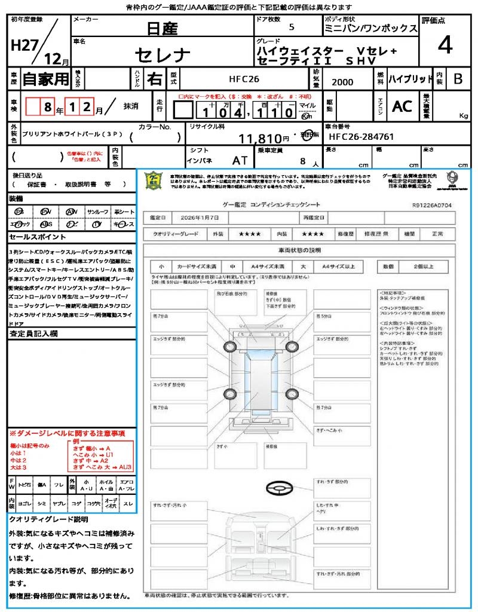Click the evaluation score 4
pos(445,45)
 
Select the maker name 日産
pos(163,27)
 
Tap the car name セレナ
pos(163,56)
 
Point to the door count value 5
pos(291,27)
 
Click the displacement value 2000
pos(342,82)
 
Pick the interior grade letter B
pos(458,78)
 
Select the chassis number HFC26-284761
pos(361,137)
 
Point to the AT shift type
pos(240,160)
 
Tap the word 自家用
pos(46,78)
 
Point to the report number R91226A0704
pos(432,204)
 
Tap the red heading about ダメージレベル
pos(67,433)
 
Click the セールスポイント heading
pos(32,237)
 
